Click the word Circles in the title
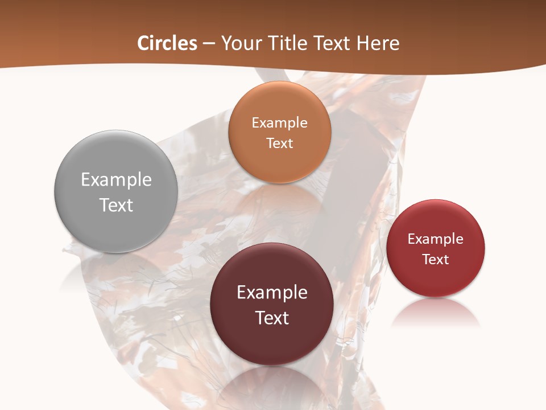[167, 43]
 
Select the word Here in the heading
[378, 43]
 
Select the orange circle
[280, 165]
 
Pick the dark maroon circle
[272, 342]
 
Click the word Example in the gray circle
[116, 180]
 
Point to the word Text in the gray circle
[116, 206]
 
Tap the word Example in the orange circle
[280, 123]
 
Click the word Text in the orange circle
[280, 143]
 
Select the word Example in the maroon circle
[272, 293]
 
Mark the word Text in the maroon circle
[272, 318]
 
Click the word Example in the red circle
[436, 239]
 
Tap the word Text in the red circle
[436, 260]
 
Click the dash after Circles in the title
[209, 44]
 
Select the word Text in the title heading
[332, 43]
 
